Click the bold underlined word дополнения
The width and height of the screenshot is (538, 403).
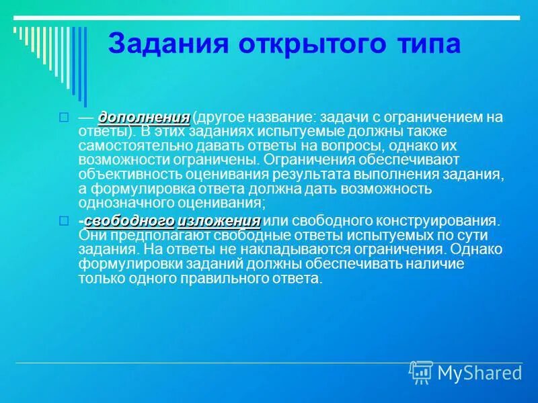pyautogui.click(x=144, y=118)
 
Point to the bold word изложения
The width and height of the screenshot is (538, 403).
pyautogui.click(x=219, y=221)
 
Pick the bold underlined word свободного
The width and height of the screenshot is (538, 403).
pyautogui.click(x=130, y=221)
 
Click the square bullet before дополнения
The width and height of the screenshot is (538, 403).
pyautogui.click(x=65, y=118)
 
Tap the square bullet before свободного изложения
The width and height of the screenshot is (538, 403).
pyautogui.click(x=65, y=221)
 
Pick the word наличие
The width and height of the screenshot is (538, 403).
pyautogui.click(x=440, y=264)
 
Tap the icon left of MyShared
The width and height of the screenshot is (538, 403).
pyautogui.click(x=421, y=372)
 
